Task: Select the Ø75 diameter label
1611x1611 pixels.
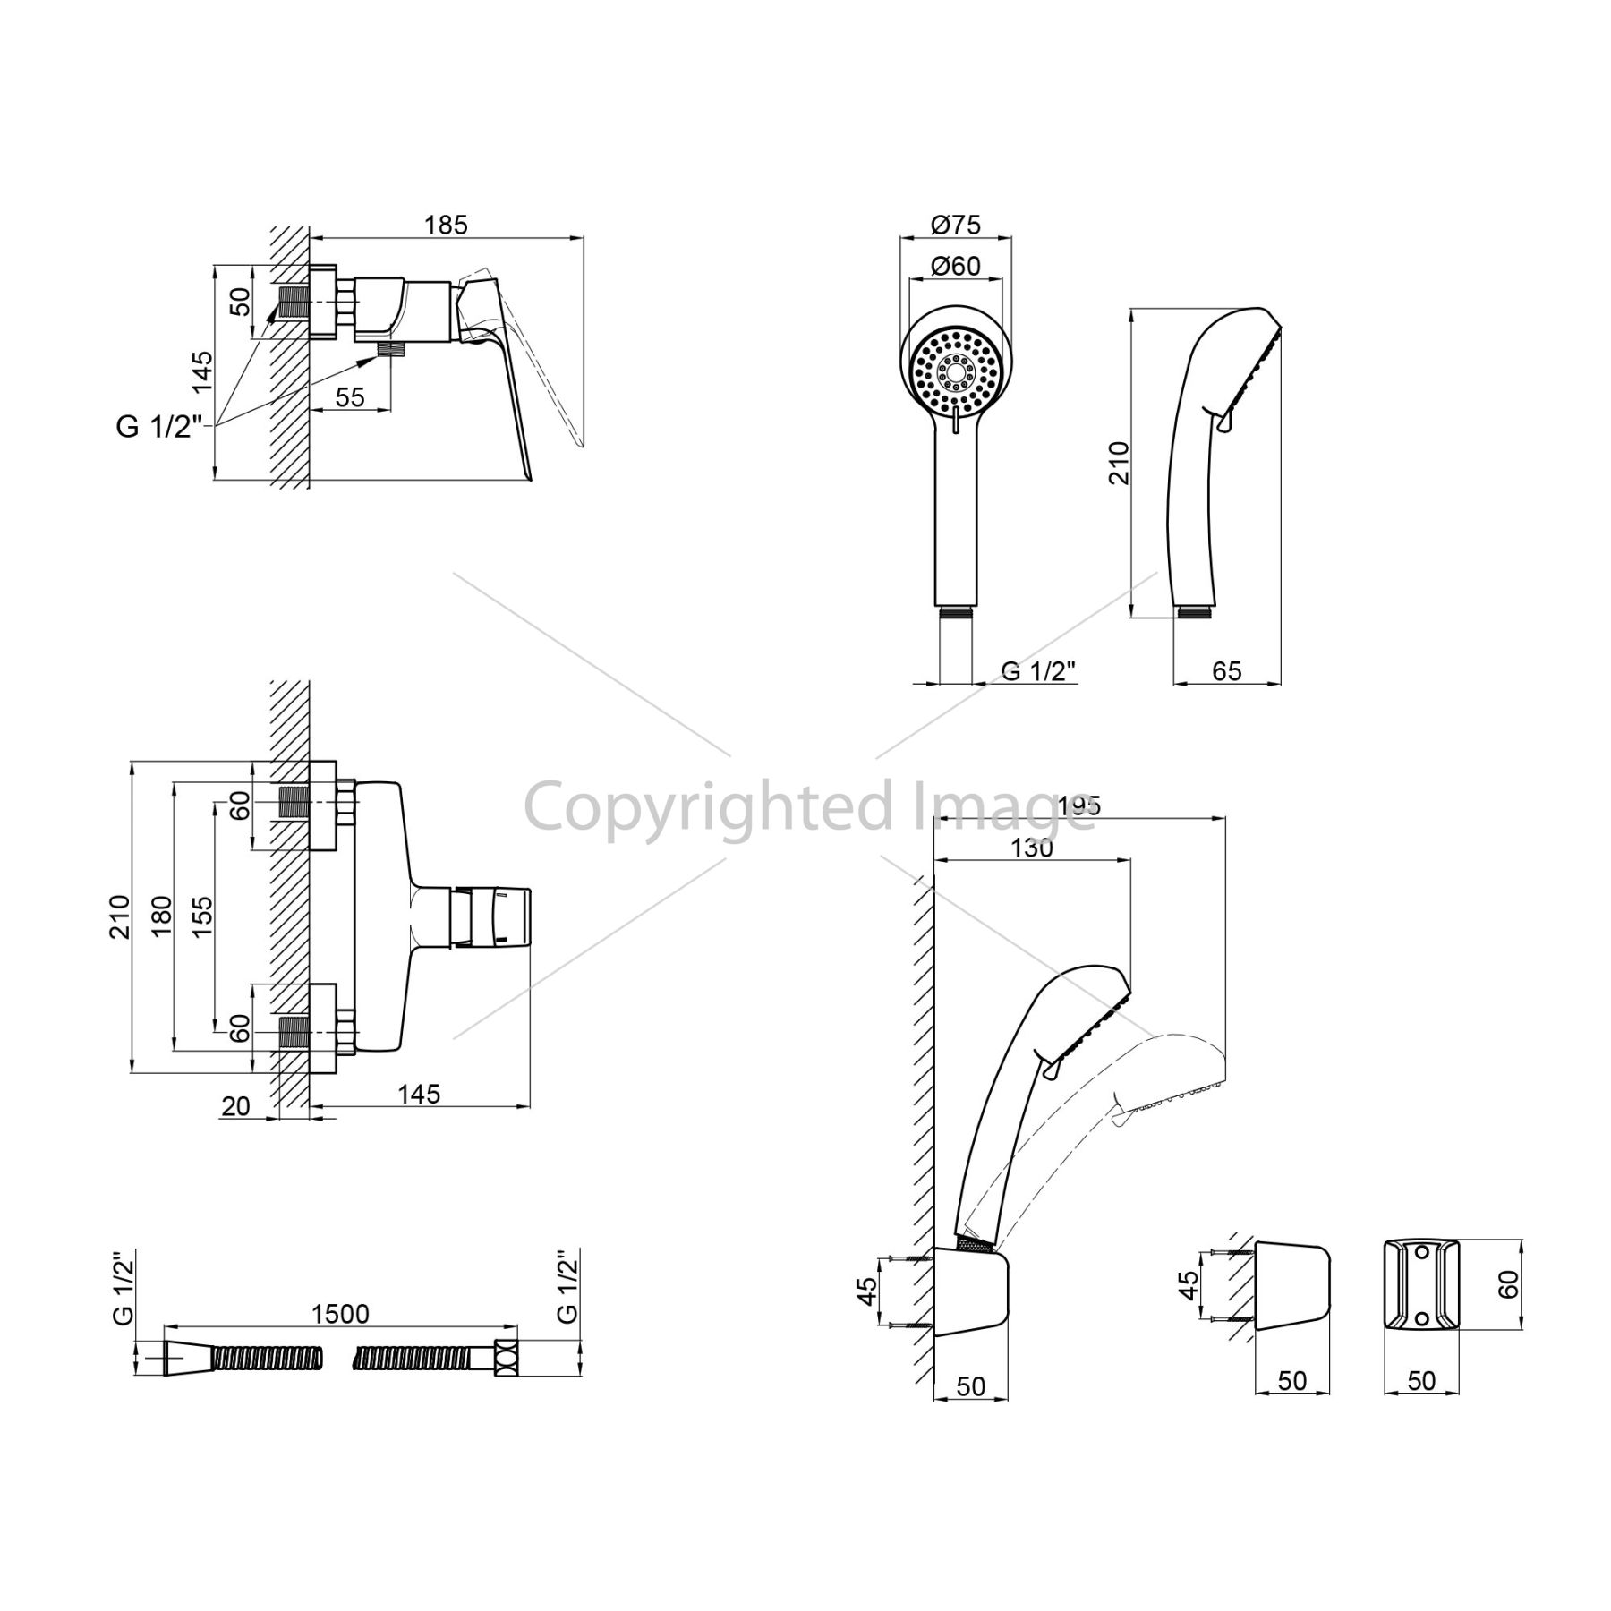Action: coord(956,224)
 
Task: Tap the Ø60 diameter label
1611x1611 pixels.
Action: coord(955,266)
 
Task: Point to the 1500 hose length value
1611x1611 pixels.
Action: coord(340,1313)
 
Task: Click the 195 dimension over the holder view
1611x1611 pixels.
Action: coord(1077,805)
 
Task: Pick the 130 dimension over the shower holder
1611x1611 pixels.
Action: coord(1032,847)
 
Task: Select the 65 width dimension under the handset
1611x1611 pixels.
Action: coord(1226,670)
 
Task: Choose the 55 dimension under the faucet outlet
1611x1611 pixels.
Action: coord(350,396)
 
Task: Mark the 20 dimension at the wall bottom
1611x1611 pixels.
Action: coord(235,1106)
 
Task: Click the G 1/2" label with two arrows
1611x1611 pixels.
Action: coord(154,428)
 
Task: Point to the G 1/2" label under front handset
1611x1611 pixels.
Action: coord(1037,670)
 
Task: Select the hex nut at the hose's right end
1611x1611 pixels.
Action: coord(507,1358)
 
